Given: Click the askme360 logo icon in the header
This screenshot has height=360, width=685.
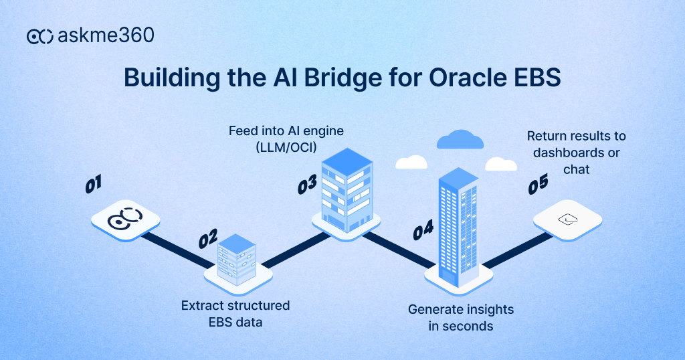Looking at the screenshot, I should pos(40,36).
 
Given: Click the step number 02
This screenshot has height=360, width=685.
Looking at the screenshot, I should pos(208,239).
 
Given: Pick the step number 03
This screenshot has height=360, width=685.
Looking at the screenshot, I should pos(307,185).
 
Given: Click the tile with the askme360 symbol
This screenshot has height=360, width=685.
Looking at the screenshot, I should pos(125,219).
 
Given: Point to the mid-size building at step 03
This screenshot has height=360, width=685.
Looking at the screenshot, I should pos(347,189).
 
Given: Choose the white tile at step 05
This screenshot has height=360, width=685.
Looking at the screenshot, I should pos(567,219).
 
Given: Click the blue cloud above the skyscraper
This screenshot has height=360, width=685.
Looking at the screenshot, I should pos(460,139).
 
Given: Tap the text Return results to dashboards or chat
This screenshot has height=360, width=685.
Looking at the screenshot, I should pos(576,153).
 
